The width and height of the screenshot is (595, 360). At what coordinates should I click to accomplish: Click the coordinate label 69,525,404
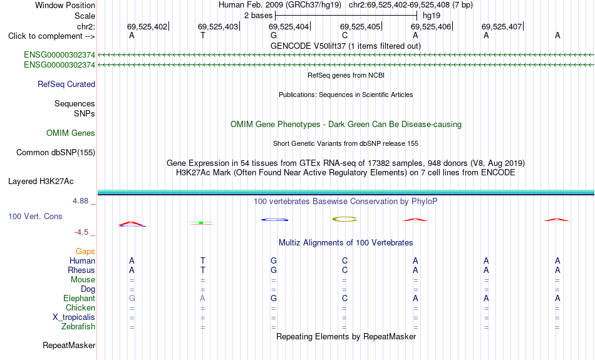[289, 26]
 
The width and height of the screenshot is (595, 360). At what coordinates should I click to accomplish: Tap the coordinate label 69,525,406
[431, 26]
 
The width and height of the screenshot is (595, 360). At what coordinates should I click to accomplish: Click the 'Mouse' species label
[83, 280]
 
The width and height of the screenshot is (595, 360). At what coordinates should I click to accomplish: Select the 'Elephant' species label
[79, 299]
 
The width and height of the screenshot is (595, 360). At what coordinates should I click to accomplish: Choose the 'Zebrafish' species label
[78, 327]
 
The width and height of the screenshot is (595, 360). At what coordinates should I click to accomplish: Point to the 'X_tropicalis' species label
[74, 317]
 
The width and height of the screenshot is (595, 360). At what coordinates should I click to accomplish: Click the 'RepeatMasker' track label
[69, 345]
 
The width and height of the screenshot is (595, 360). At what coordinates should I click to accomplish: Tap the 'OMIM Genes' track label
[71, 133]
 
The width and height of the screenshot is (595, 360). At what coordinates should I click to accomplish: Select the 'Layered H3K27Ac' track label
[41, 182]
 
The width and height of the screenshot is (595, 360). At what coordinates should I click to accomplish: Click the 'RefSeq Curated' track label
[66, 85]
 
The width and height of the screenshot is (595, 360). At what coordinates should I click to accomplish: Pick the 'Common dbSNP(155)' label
[56, 153]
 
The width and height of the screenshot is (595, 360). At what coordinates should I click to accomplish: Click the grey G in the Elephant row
[132, 299]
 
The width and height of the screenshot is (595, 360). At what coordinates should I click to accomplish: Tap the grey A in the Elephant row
[203, 299]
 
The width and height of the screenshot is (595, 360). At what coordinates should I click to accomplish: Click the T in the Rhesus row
[203, 270]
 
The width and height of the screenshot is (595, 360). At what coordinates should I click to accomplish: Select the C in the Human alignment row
[344, 260]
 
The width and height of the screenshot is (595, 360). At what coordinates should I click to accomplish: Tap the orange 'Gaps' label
[85, 252]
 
